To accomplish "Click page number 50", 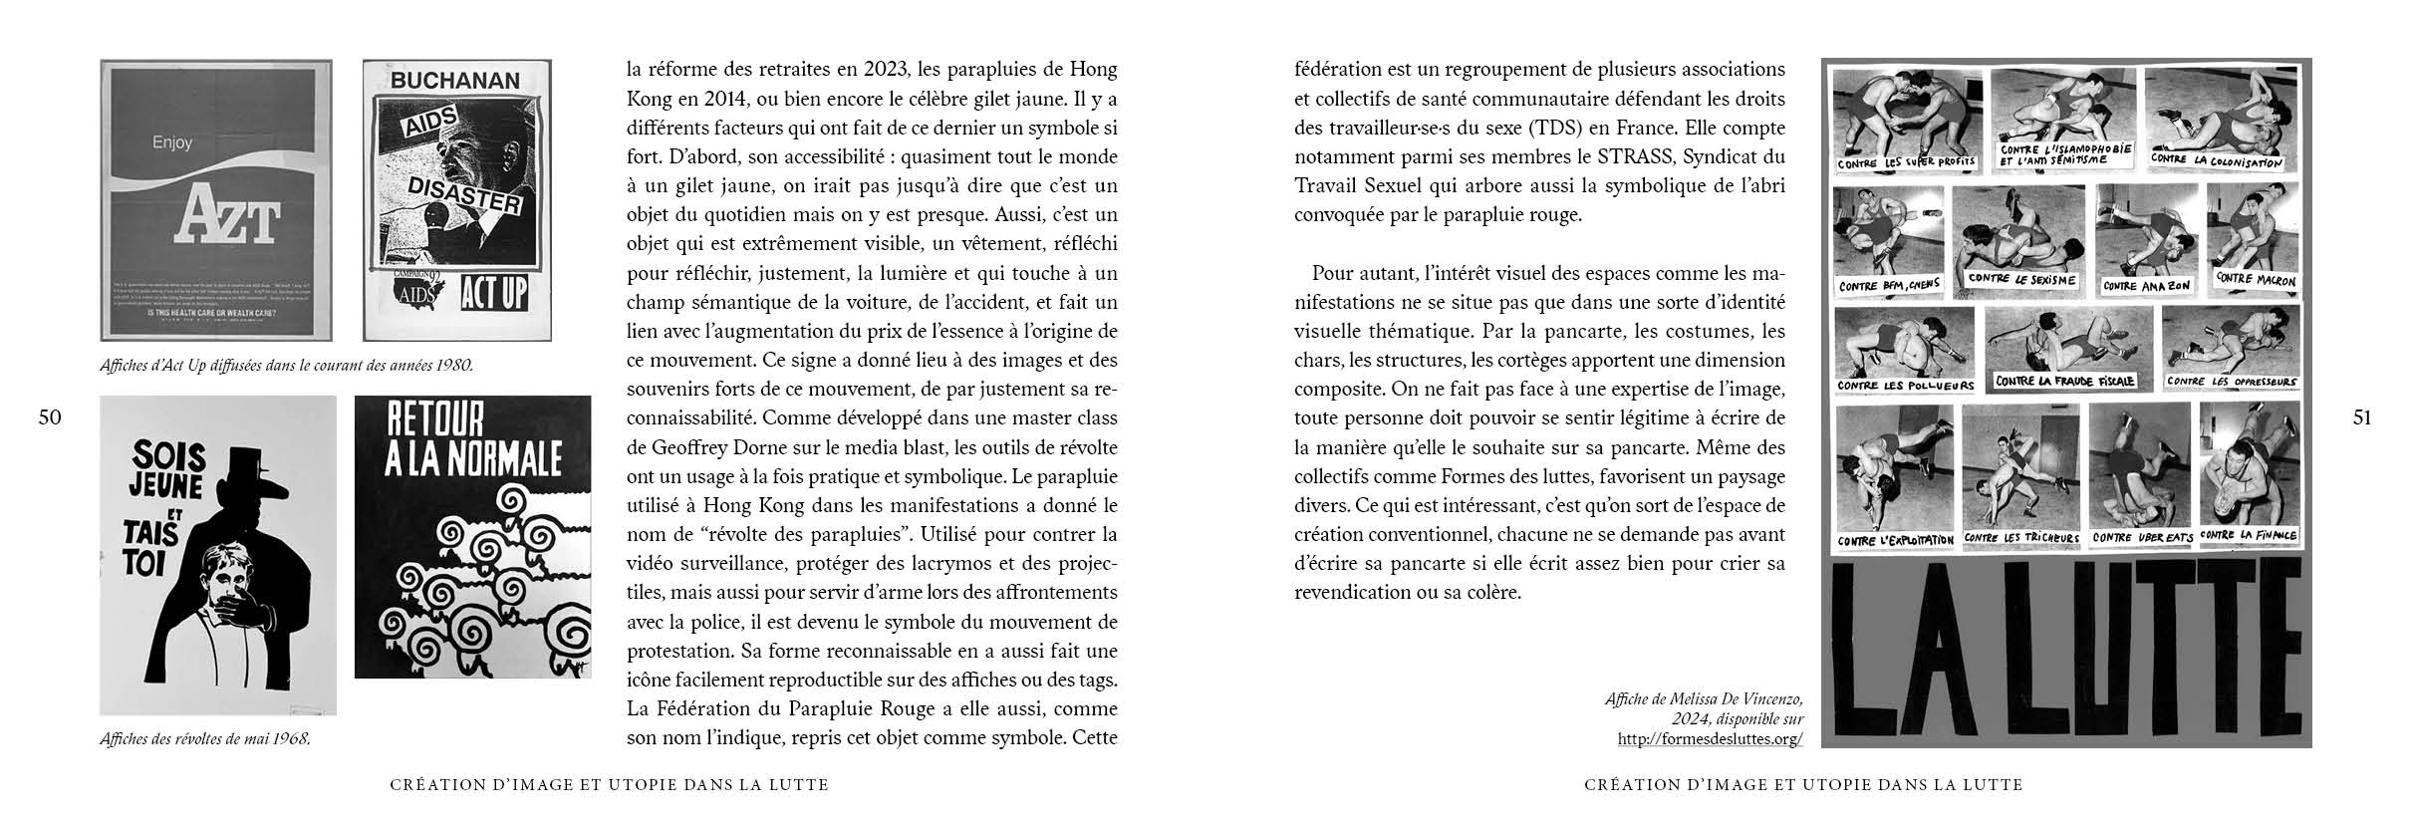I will point(50,418).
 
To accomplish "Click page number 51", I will point(2361,418).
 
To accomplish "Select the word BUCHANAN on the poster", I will point(454,82).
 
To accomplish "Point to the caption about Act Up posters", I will point(286,366).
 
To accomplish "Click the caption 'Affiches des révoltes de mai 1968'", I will point(204,739).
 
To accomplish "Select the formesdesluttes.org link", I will point(1710,739).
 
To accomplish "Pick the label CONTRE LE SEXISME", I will point(2021,280).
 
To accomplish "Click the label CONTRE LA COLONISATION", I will point(2215,160).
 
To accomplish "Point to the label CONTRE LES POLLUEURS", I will point(1904,386).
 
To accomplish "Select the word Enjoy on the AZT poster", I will point(171,143).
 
